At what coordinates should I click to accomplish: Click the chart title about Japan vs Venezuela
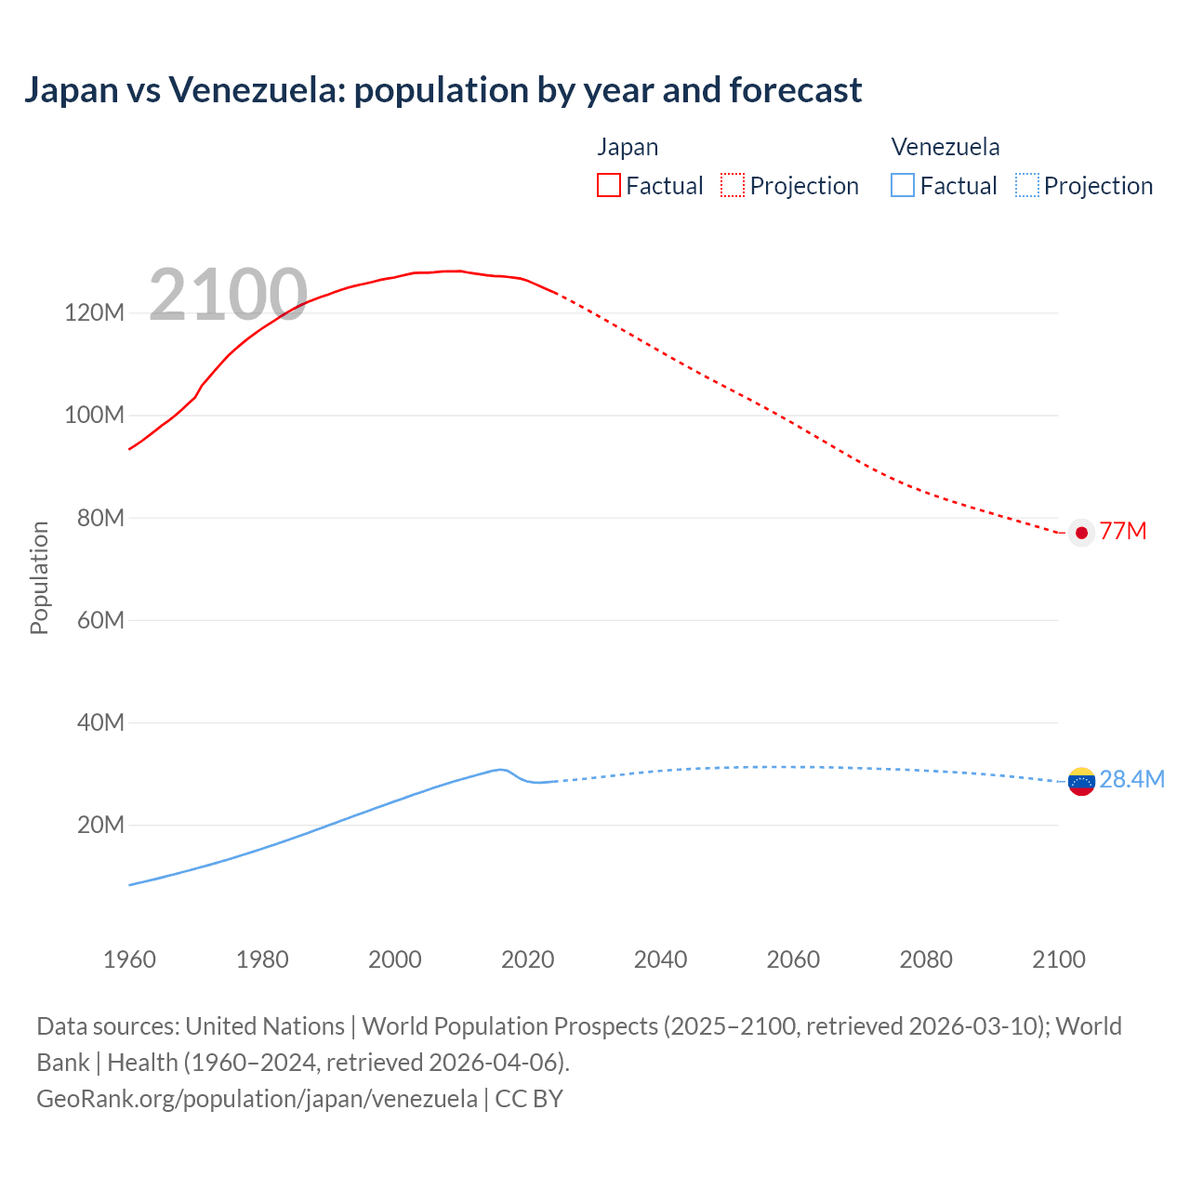(x=443, y=90)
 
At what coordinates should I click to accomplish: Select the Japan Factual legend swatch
(x=608, y=185)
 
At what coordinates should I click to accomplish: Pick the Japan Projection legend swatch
(x=733, y=185)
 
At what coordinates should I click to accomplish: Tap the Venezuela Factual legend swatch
(x=902, y=185)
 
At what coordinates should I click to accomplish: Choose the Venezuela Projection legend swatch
(x=1026, y=185)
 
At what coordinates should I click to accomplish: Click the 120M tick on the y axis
(x=94, y=312)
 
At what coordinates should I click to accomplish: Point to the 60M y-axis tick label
(x=99, y=620)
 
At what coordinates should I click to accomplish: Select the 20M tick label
(x=99, y=825)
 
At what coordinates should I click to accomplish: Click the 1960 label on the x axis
(x=129, y=959)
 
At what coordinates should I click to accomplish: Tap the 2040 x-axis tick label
(x=660, y=959)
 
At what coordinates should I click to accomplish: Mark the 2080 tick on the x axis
(x=926, y=959)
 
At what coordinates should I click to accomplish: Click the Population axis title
(x=39, y=577)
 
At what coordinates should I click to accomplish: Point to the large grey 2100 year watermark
(x=228, y=295)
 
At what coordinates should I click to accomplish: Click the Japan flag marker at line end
(x=1080, y=533)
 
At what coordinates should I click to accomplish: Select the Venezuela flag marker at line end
(x=1080, y=781)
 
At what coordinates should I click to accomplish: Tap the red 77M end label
(x=1123, y=531)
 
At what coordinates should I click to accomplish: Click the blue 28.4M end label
(x=1131, y=779)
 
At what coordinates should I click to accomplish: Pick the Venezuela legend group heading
(x=945, y=147)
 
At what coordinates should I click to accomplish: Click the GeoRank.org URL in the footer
(x=257, y=1098)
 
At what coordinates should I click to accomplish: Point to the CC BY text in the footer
(x=529, y=1098)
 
